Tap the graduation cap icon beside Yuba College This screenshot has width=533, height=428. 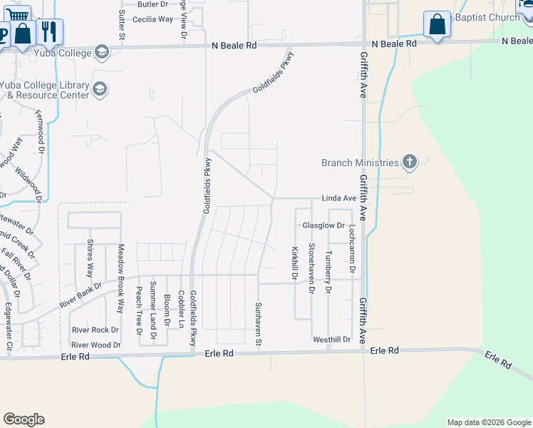(x=102, y=52)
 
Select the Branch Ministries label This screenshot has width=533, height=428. (x=360, y=163)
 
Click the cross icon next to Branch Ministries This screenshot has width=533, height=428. (x=409, y=162)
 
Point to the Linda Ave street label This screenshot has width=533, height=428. (x=339, y=198)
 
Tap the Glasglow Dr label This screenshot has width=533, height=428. (x=324, y=225)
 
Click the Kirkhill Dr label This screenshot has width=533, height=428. (x=294, y=263)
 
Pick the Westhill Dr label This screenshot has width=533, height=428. (x=332, y=339)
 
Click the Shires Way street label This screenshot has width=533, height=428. (x=90, y=258)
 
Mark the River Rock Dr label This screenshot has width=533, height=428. (x=95, y=330)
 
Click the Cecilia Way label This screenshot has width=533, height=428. (x=152, y=19)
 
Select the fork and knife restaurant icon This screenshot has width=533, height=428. (x=49, y=31)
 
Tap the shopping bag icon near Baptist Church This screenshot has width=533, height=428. (x=437, y=24)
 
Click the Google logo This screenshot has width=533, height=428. (x=24, y=419)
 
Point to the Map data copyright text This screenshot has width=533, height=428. (x=489, y=422)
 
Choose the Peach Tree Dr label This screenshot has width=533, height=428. (x=139, y=310)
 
